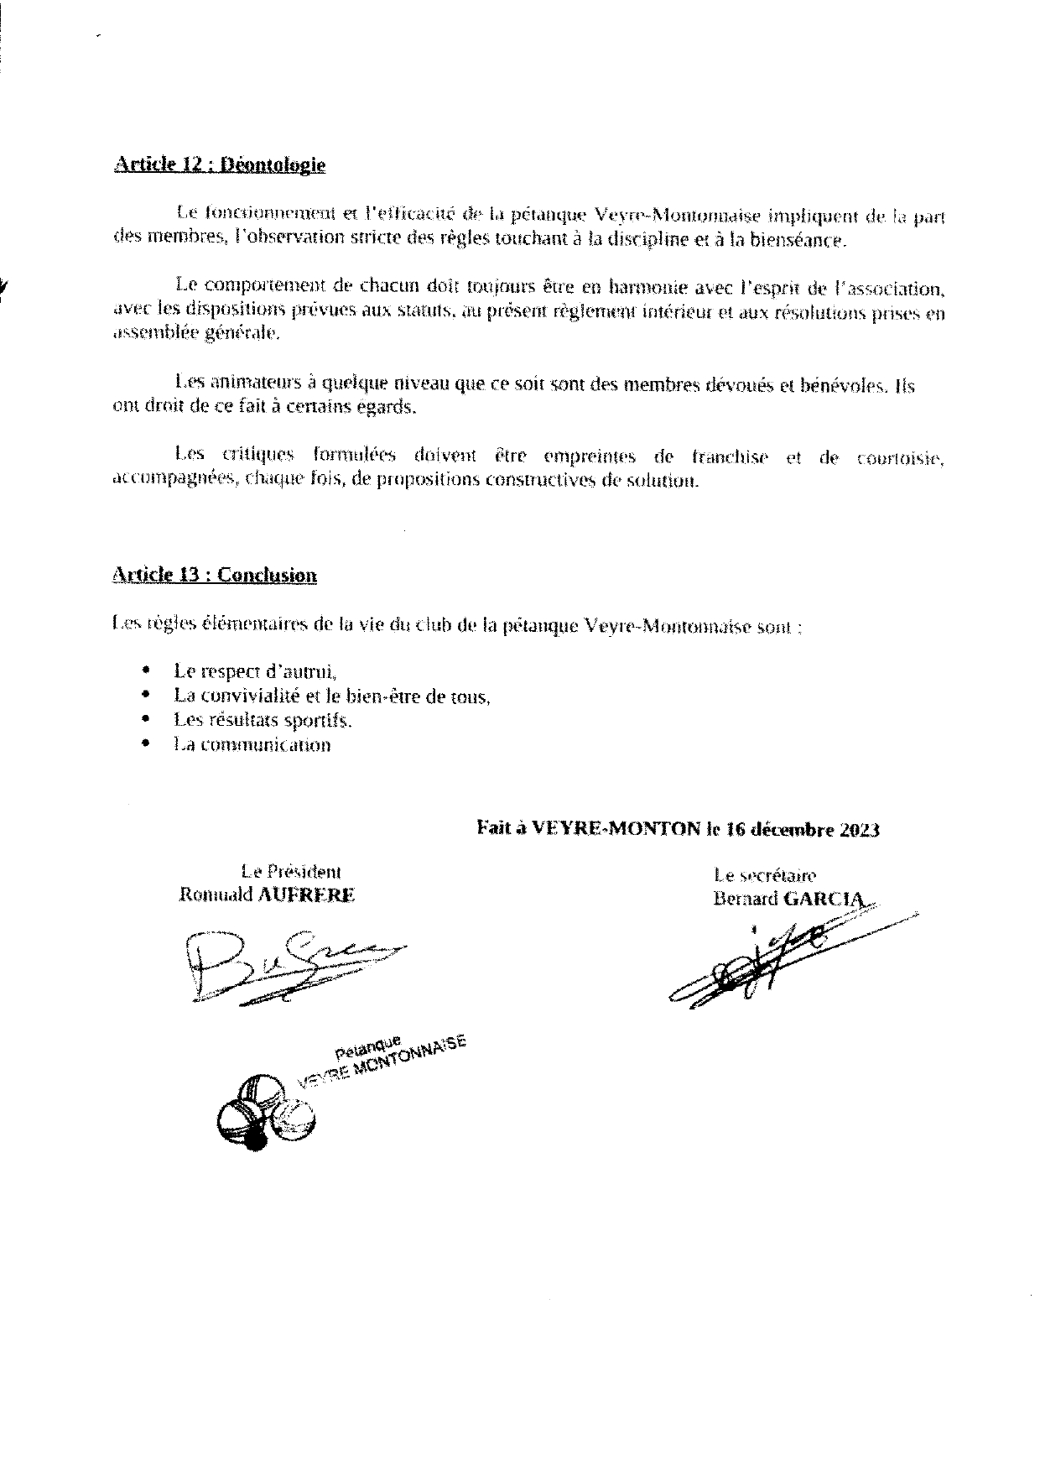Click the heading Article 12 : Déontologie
(219, 164)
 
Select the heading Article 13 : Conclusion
(214, 575)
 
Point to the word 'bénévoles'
(846, 385)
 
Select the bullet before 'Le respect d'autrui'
(148, 670)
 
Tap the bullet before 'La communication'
(148, 743)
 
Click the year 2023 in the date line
(856, 830)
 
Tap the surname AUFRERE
(306, 895)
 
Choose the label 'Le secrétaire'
(764, 876)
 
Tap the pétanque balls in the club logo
(263, 1113)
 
